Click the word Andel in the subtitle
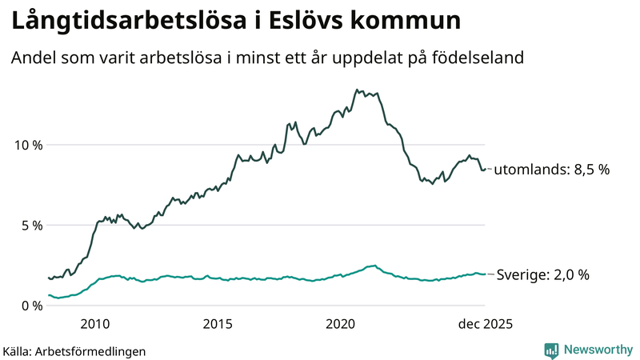click(x=30, y=58)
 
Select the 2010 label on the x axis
click(x=94, y=324)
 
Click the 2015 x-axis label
click(x=218, y=324)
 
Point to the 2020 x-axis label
click(x=341, y=324)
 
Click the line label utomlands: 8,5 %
click(x=551, y=170)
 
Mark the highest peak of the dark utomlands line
click(x=357, y=90)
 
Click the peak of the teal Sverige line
click(x=373, y=265)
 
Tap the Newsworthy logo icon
click(x=551, y=350)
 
